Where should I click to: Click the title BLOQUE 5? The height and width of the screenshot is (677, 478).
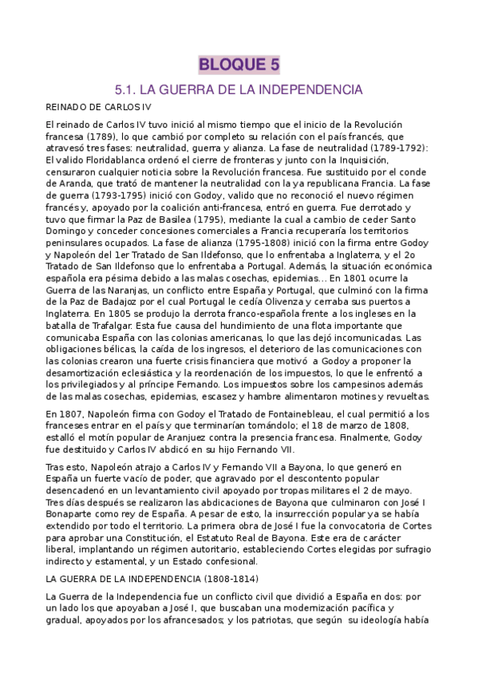coord(239,64)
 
